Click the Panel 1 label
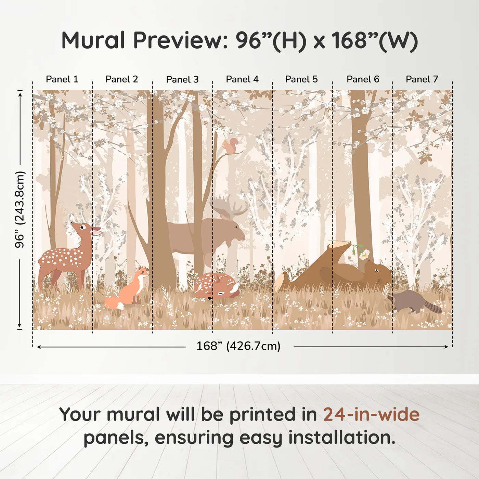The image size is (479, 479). tap(62, 79)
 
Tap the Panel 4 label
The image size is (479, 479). tap(242, 79)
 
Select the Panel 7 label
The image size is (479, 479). tap(422, 79)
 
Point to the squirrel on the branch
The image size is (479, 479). tap(230, 145)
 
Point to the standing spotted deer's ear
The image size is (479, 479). tap(96, 231)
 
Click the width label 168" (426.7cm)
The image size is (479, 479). tap(238, 346)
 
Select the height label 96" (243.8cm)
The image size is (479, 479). tap(20, 209)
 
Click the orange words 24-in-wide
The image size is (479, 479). tap(371, 415)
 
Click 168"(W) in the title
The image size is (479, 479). tap(374, 40)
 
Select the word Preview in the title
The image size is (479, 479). tap(178, 40)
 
